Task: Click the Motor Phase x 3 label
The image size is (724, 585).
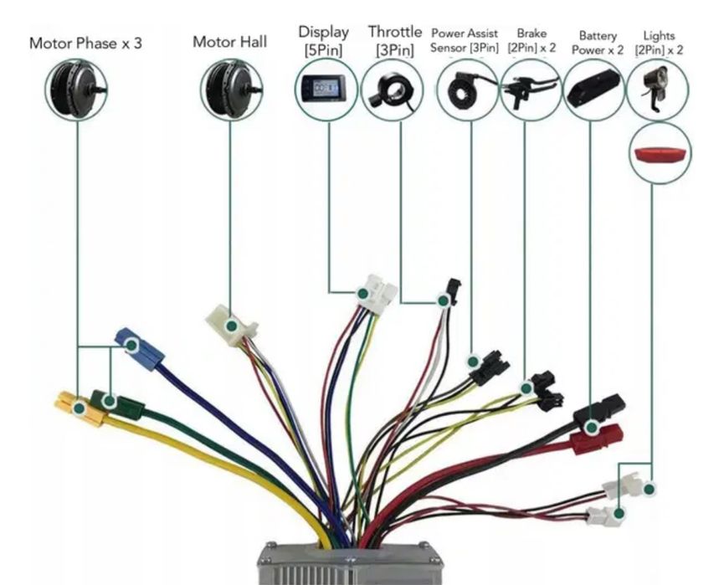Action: (x=85, y=43)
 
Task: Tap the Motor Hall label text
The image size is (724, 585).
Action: (x=230, y=41)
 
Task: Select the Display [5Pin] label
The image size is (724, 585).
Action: (x=323, y=40)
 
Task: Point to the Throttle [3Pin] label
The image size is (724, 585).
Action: (x=395, y=40)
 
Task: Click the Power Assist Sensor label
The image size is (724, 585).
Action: (x=465, y=40)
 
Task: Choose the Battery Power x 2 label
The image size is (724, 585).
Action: (x=598, y=43)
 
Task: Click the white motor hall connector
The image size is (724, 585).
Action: (x=230, y=322)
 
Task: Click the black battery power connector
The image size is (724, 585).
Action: (x=599, y=409)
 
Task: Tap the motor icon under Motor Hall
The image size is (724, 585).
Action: (x=231, y=89)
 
